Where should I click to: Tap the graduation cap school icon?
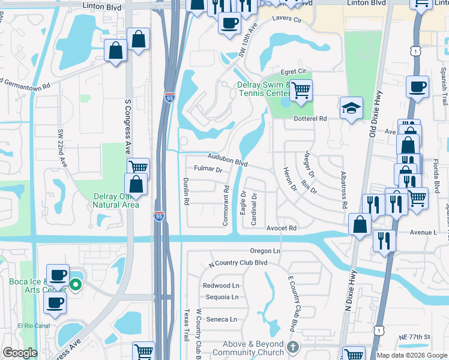351,108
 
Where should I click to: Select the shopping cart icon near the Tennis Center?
301,91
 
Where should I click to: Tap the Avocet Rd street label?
282,228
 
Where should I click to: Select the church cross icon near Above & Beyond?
292,347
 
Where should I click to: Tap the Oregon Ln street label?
266,251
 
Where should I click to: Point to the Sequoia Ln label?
221,297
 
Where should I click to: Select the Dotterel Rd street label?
310,119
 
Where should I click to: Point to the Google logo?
20,353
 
